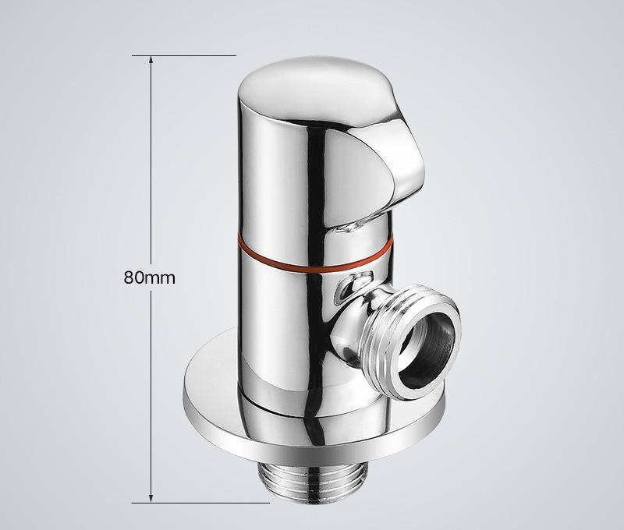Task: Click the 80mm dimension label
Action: pyautogui.click(x=149, y=277)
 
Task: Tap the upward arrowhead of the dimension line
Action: pyautogui.click(x=151, y=60)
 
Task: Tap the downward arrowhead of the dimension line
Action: pyautogui.click(x=151, y=499)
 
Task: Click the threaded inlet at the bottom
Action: pyautogui.click(x=314, y=483)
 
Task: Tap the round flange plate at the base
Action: pyautogui.click(x=314, y=414)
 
